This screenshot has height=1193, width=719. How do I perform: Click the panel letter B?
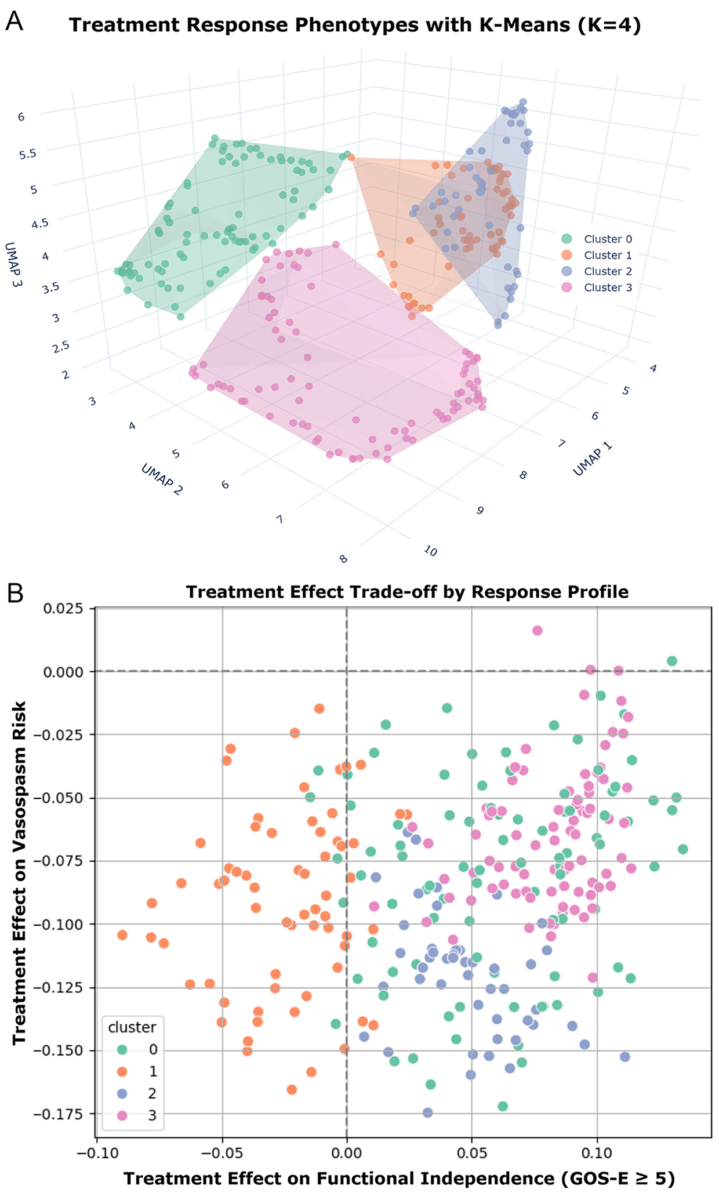click(x=14, y=593)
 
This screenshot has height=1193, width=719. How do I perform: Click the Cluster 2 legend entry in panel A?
click(x=607, y=271)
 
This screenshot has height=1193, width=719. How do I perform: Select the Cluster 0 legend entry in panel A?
click(x=607, y=239)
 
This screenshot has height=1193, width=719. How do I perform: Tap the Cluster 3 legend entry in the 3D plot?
click(x=607, y=288)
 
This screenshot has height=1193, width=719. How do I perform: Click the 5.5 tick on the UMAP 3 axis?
click(x=27, y=154)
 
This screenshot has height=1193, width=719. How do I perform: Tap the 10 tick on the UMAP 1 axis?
click(x=430, y=551)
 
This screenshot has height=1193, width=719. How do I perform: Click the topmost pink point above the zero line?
click(x=537, y=630)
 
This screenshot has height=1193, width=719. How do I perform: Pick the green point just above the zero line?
click(x=672, y=661)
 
